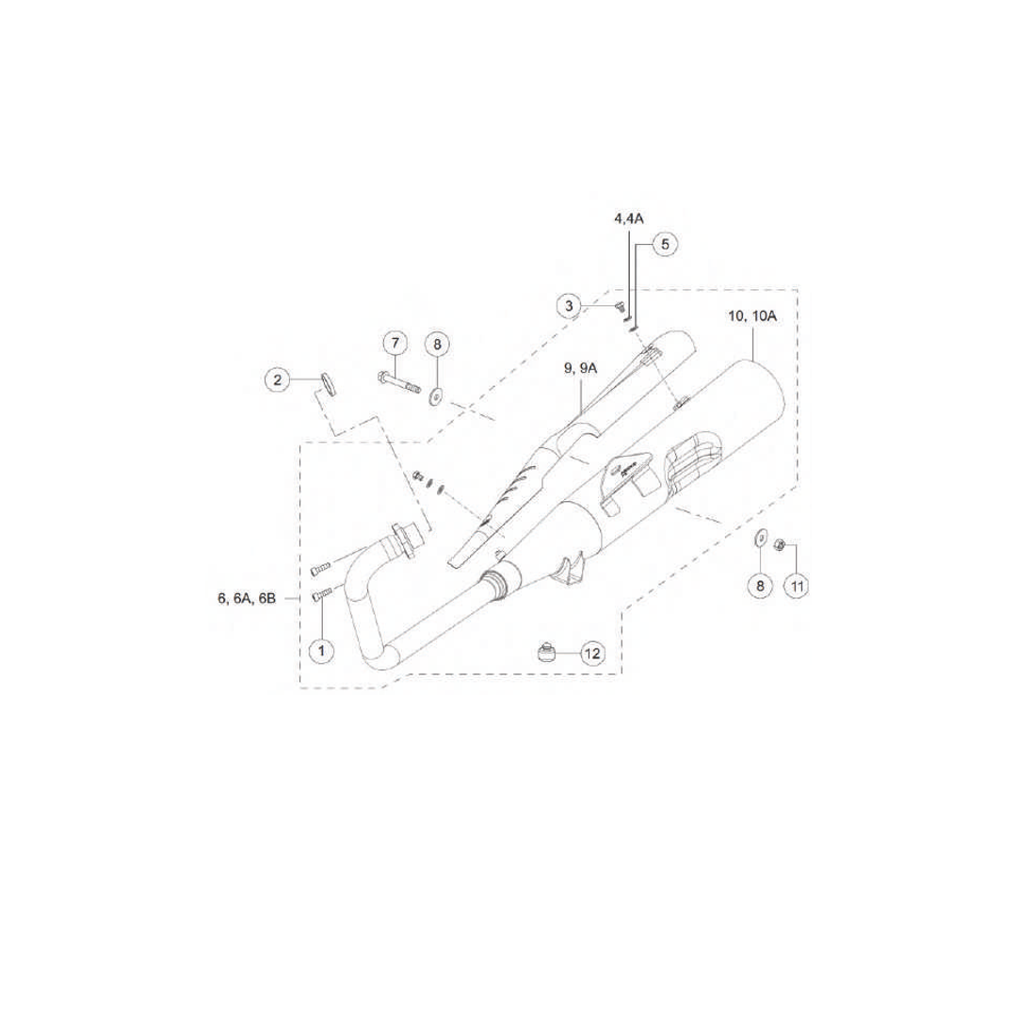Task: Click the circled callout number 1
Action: point(322,650)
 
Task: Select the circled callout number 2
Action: point(278,379)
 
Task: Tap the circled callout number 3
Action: point(570,305)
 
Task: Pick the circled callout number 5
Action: point(664,245)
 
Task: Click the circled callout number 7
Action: point(395,343)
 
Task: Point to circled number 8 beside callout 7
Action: point(437,345)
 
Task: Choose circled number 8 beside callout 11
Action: point(760,586)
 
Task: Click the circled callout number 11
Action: point(797,587)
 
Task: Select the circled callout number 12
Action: point(592,654)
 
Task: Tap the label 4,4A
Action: point(628,218)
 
